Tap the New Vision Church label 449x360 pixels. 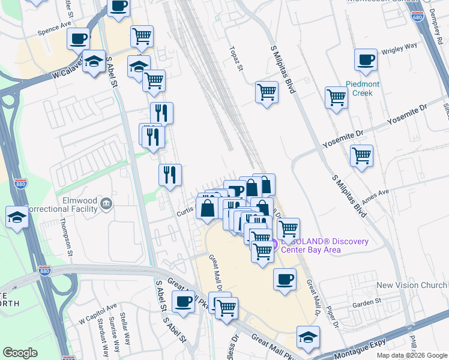tap(412, 286)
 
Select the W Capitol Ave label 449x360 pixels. tap(97, 315)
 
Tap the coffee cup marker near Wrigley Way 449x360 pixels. tap(366, 60)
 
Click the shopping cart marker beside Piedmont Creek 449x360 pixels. tap(336, 97)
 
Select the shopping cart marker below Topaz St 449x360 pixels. tap(267, 92)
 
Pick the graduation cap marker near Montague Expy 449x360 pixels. tap(308, 337)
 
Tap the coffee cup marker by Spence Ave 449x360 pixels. tap(78, 39)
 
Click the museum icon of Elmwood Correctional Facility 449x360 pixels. tap(106, 203)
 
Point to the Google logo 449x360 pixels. tap(19, 353)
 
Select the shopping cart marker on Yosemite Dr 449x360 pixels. tap(361, 156)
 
